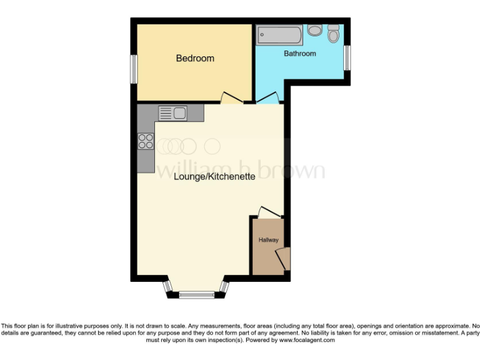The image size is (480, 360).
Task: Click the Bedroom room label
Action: [195, 58]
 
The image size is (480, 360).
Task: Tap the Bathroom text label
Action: [300, 54]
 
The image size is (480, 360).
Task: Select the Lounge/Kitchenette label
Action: [215, 177]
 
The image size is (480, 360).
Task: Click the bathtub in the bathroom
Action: [279, 34]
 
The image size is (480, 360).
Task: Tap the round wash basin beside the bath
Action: [314, 29]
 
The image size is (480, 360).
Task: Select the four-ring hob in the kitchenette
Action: [146, 141]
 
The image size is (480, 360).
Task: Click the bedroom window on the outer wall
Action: [133, 68]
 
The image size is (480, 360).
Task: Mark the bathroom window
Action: [348, 58]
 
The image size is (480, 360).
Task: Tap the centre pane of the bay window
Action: [196, 294]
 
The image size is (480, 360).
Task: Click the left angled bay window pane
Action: [167, 287]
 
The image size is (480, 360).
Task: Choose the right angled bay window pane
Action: [224, 287]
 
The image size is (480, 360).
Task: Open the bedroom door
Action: [231, 97]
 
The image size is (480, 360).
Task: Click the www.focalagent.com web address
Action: [306, 341]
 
